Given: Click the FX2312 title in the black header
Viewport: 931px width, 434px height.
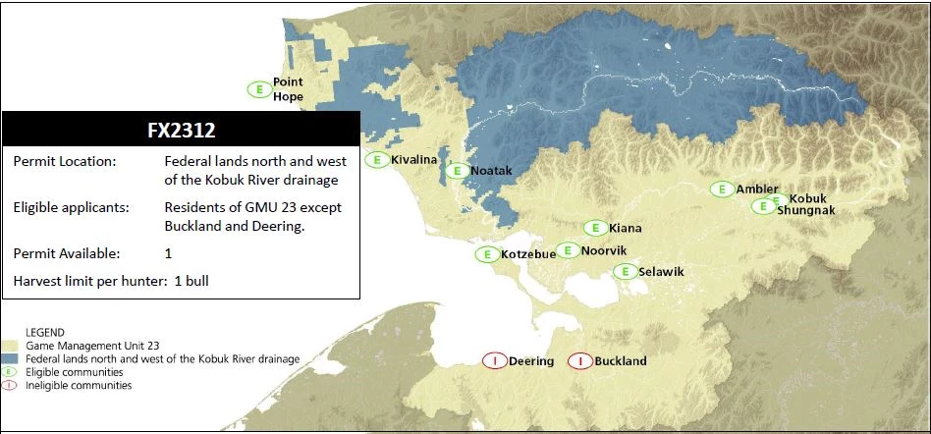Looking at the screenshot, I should click(x=181, y=130).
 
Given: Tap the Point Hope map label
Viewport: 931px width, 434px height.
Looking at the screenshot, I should click(x=288, y=89).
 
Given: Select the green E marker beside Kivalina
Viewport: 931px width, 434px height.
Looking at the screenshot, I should click(x=374, y=159).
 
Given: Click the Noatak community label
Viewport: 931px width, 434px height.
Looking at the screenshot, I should click(x=491, y=171).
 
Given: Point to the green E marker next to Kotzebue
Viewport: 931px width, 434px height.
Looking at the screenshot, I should click(x=486, y=254).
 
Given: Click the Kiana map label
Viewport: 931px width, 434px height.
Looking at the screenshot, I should click(x=625, y=228).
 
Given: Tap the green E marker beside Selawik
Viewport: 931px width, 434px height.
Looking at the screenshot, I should click(x=623, y=271).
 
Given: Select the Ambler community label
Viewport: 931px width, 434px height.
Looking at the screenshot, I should click(x=756, y=189).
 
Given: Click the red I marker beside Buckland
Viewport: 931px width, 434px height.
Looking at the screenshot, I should click(x=579, y=360).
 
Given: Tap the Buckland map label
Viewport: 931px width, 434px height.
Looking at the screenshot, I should click(x=621, y=361).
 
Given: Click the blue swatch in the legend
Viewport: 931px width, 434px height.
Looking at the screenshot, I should click(x=12, y=359).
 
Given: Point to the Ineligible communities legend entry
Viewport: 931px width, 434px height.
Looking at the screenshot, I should click(x=79, y=386).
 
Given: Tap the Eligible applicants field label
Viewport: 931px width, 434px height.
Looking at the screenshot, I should click(x=70, y=208).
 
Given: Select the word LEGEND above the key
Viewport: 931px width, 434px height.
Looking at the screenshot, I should click(x=45, y=333).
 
